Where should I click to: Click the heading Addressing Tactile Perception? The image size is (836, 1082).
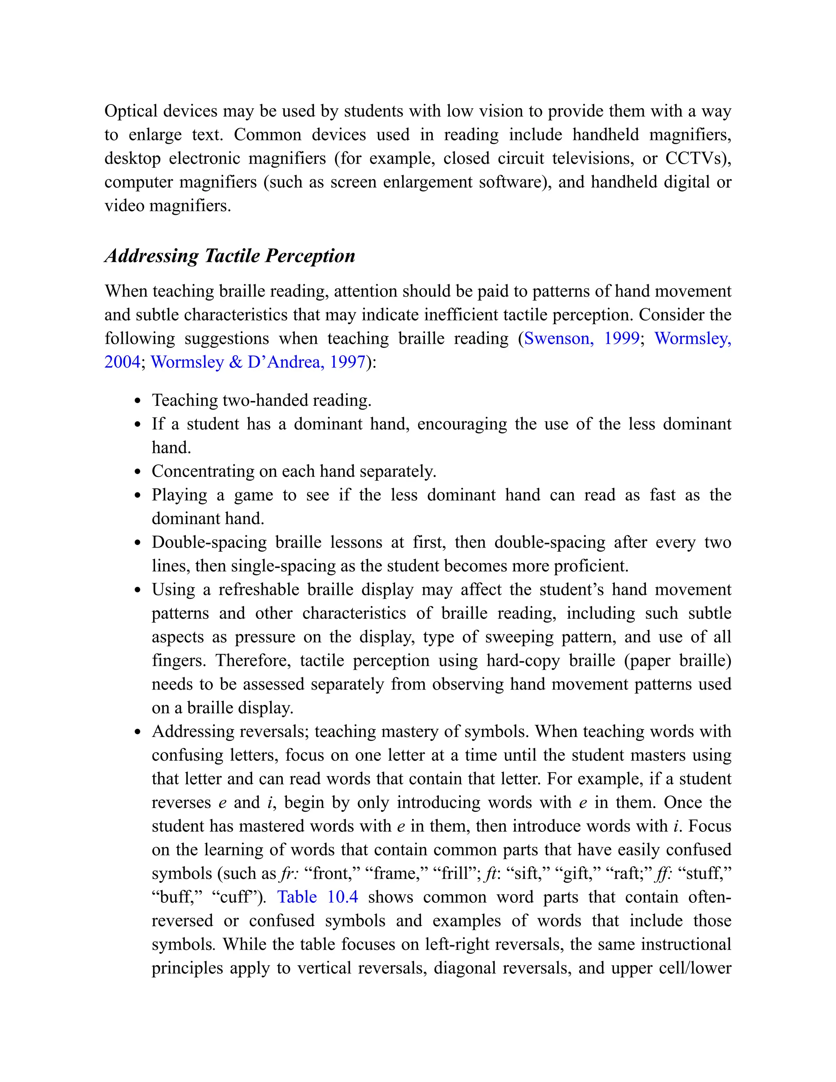point(230,256)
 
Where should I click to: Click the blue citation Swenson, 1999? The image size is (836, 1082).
point(581,338)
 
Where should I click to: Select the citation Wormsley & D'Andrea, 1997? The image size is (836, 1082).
point(258,362)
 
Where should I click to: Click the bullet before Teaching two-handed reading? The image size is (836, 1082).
point(138,401)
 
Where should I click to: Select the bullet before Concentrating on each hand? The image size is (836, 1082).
point(138,472)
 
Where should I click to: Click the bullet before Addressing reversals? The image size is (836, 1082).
point(138,732)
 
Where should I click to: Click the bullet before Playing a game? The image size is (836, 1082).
point(138,495)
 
